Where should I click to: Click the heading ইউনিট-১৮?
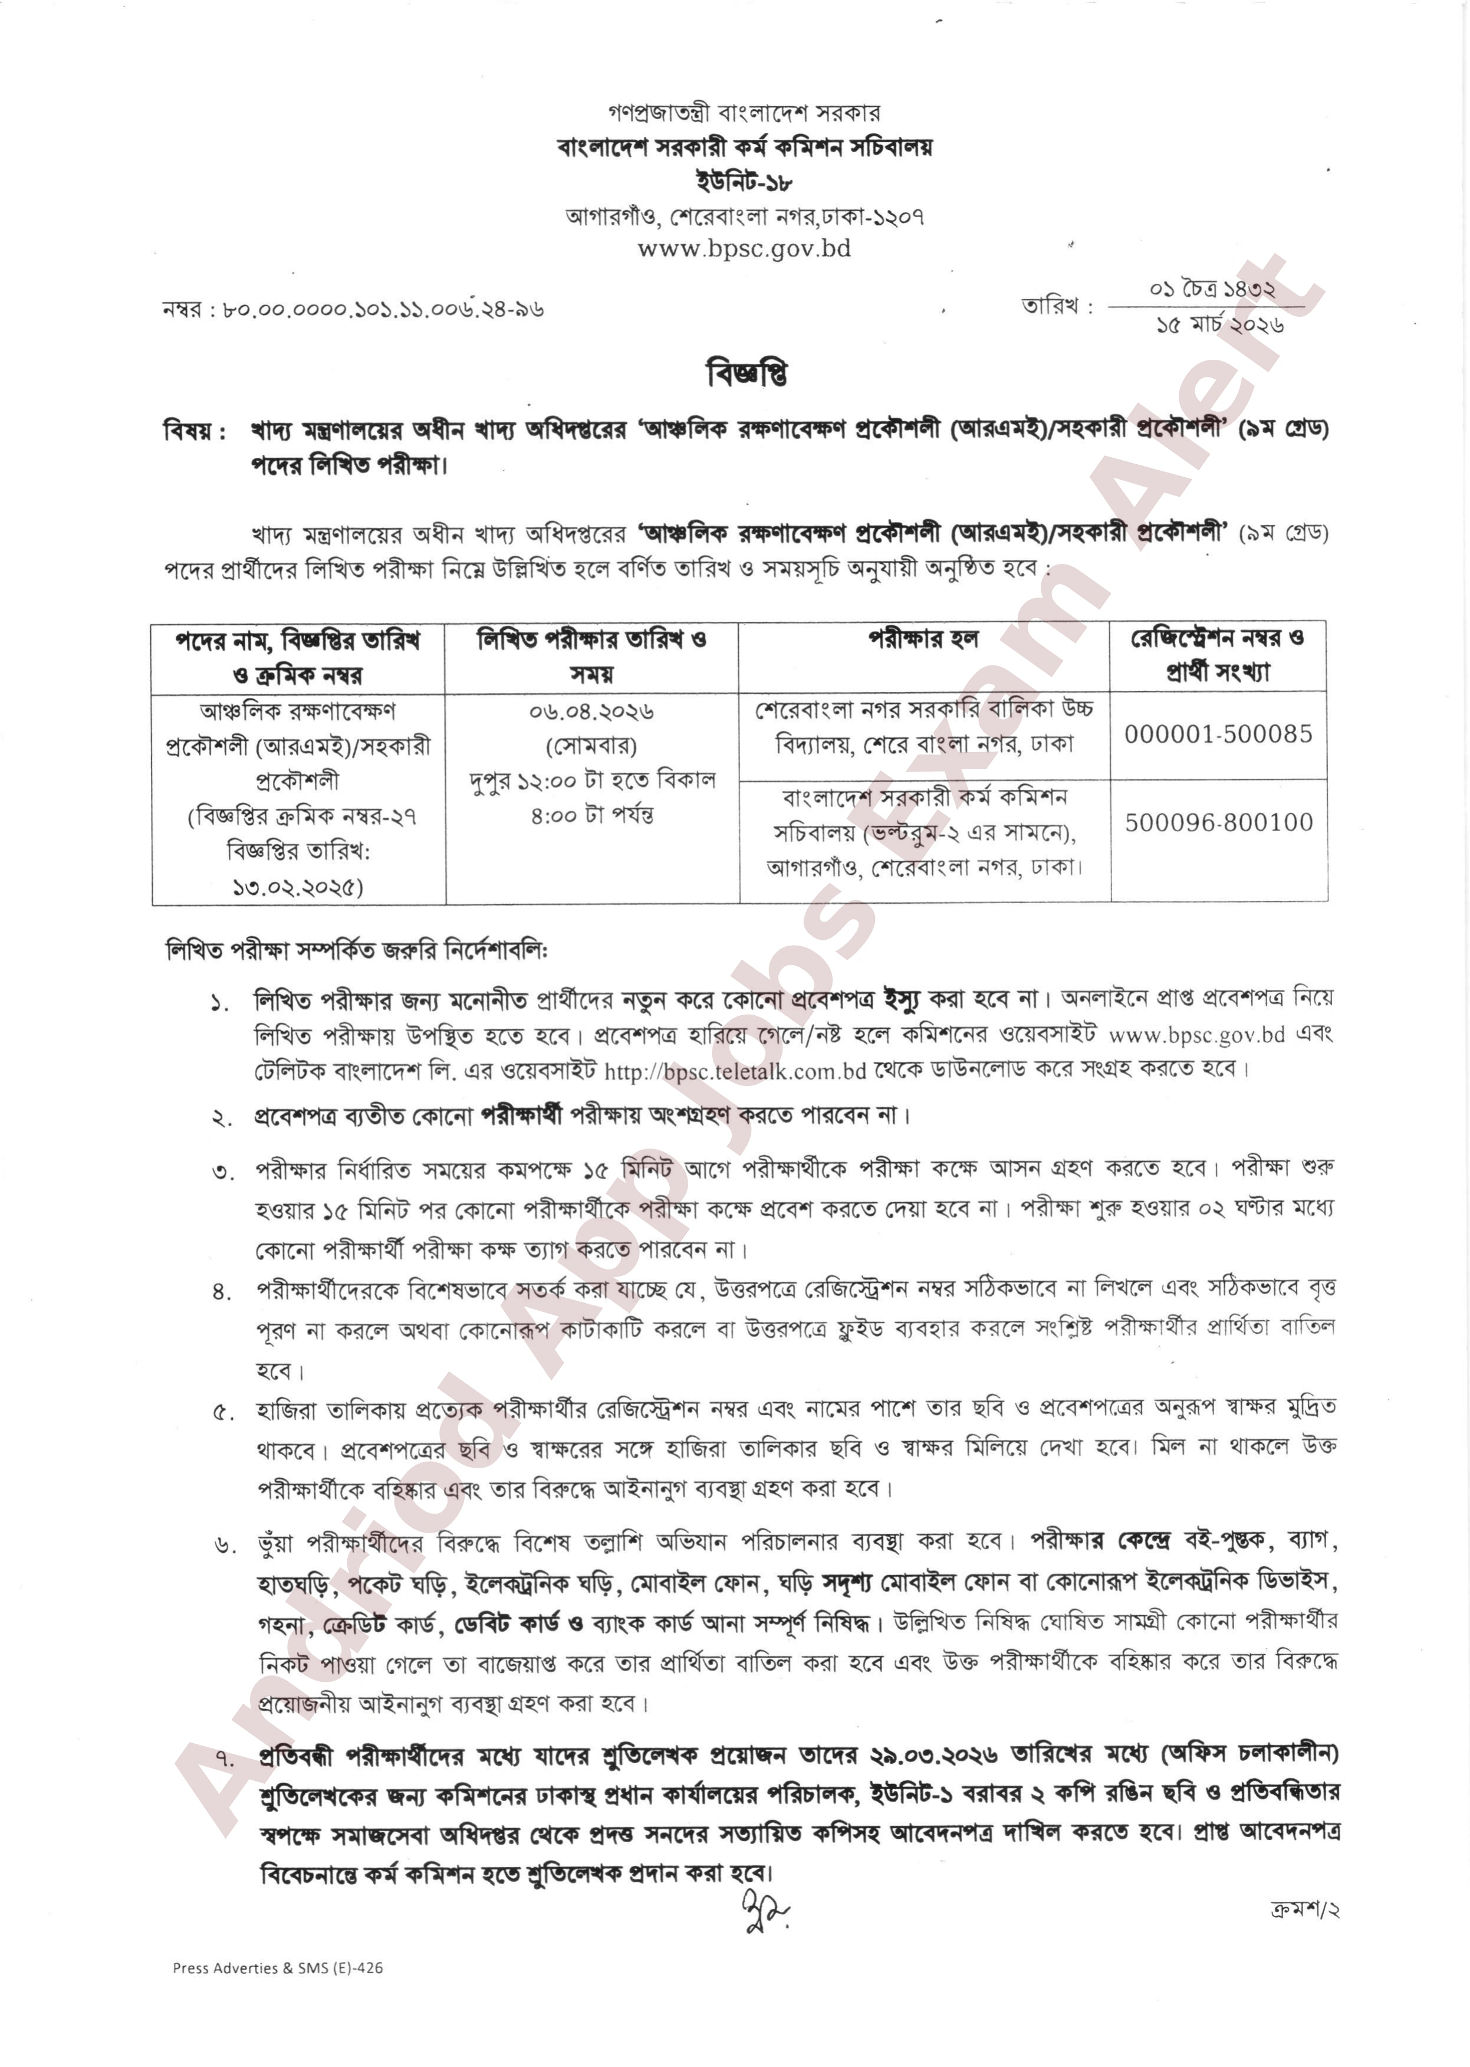coord(744,181)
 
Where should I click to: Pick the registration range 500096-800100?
coord(1218,822)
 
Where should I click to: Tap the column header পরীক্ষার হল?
coord(923,639)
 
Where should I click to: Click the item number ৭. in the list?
coord(223,1758)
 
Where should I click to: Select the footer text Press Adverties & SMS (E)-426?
coord(278,1967)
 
